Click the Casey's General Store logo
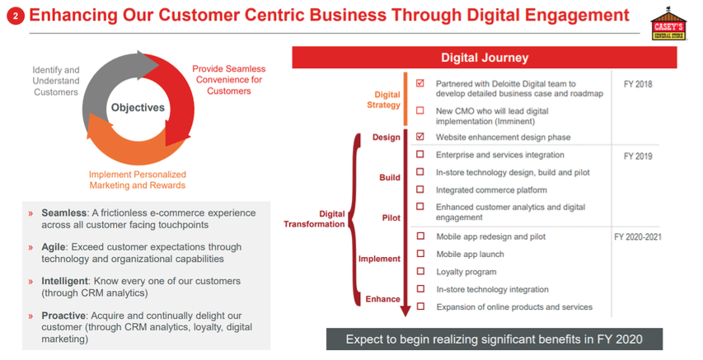pyautogui.click(x=668, y=24)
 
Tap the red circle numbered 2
pyautogui.click(x=16, y=16)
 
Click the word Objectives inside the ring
pyautogui.click(x=138, y=108)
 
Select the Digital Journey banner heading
pyautogui.click(x=485, y=58)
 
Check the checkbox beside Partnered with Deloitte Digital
pyautogui.click(x=420, y=83)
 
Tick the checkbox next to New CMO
pyautogui.click(x=420, y=110)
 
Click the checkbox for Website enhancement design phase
pyautogui.click(x=420, y=136)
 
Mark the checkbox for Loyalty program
pyautogui.click(x=420, y=271)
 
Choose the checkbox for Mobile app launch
pyautogui.click(x=420, y=254)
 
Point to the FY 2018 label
pyautogui.click(x=638, y=84)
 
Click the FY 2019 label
pyautogui.click(x=638, y=156)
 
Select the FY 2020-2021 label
pyautogui.click(x=638, y=236)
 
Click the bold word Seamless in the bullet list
pyautogui.click(x=63, y=213)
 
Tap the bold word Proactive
pyautogui.click(x=63, y=316)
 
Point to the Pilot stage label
pyautogui.click(x=391, y=217)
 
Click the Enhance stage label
pyautogui.click(x=383, y=299)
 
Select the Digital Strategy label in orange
pyautogui.click(x=384, y=100)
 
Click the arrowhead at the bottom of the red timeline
pyautogui.click(x=405, y=311)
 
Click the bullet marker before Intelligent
pyautogui.click(x=30, y=282)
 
